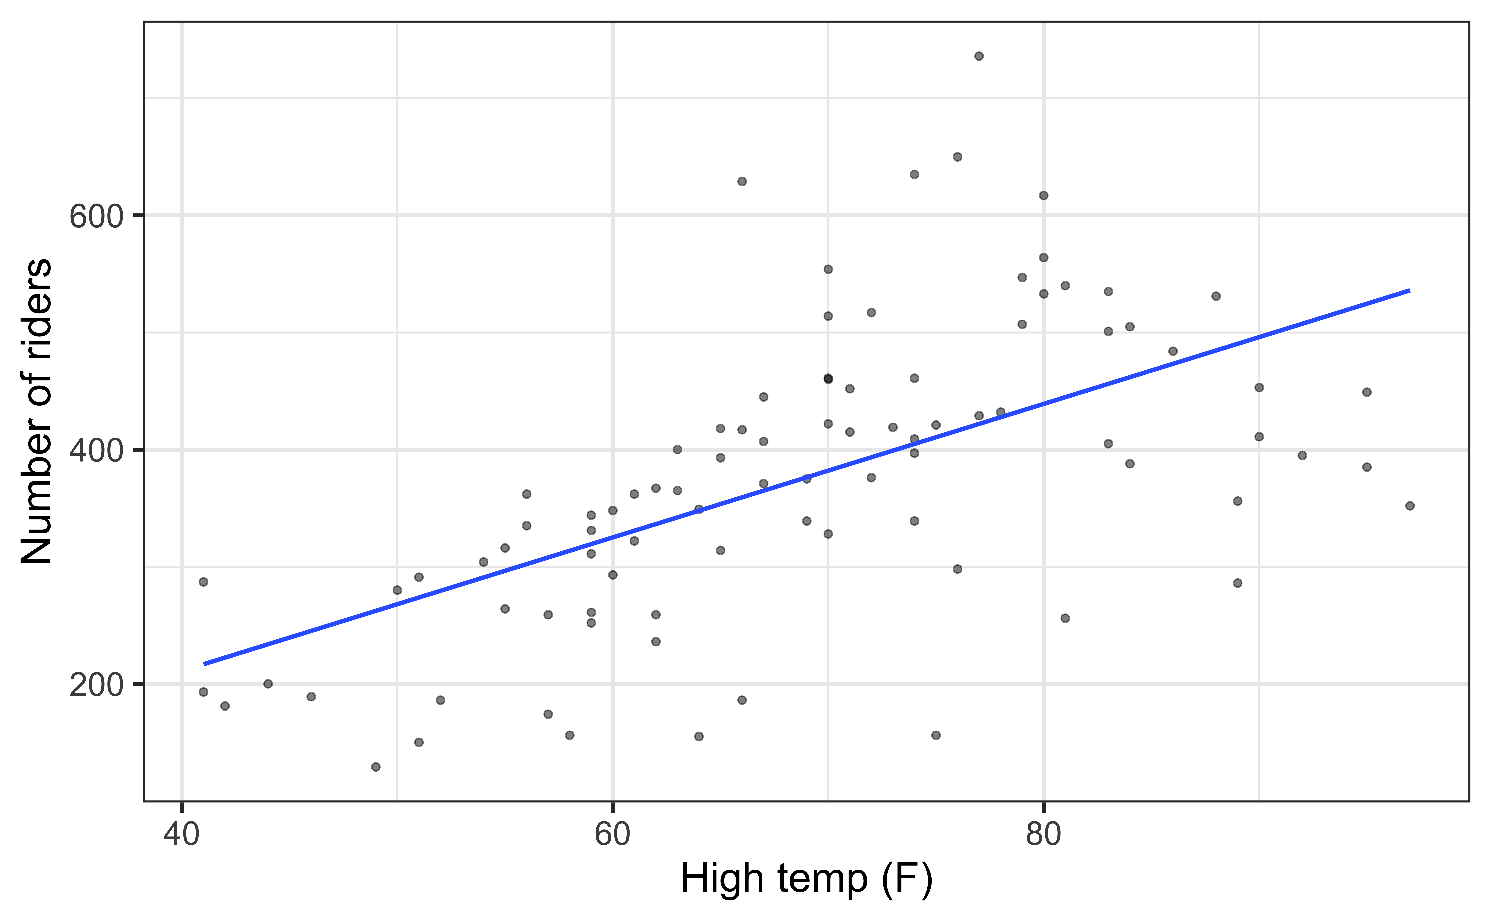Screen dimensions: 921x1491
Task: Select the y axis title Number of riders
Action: (37, 411)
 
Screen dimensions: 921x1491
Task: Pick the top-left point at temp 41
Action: (203, 582)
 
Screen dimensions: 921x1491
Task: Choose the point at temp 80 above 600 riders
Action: (1043, 196)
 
